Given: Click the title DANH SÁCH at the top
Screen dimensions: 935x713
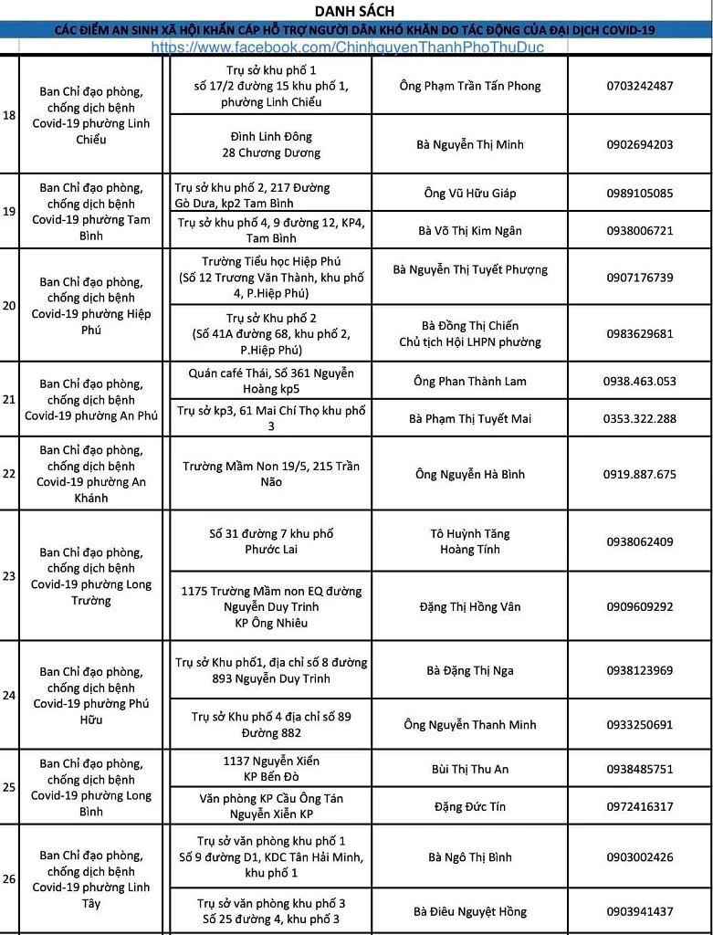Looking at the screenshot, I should point(356,11).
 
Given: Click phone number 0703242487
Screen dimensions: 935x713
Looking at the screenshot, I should point(639,86).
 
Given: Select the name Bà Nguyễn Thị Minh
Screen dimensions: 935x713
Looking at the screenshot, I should point(470,144).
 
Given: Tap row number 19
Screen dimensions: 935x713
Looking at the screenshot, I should point(9,211).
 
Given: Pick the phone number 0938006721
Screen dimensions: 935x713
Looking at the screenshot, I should point(639,231).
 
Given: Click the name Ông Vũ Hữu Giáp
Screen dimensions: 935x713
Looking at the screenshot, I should point(470,194).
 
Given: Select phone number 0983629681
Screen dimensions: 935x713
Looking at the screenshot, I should point(639,333).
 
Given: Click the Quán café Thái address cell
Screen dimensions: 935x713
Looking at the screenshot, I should point(271,381).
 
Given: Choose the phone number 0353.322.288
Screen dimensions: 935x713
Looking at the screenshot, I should point(639,419).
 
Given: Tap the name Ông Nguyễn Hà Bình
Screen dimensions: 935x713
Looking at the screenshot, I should point(470,474).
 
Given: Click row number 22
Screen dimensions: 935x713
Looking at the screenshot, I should point(9,474).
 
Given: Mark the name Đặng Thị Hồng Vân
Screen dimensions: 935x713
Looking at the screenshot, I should point(470,606).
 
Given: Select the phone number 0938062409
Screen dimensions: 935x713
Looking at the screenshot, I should point(639,541).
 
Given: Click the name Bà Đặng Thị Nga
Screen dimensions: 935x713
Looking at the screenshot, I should point(470,670).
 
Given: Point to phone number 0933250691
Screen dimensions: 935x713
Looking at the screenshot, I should point(639,725).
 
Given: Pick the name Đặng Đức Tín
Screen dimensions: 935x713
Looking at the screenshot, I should point(470,806).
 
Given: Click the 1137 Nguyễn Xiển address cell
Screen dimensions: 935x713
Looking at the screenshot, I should point(271,769).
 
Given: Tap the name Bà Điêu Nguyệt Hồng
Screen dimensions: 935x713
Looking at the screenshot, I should point(470,911).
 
